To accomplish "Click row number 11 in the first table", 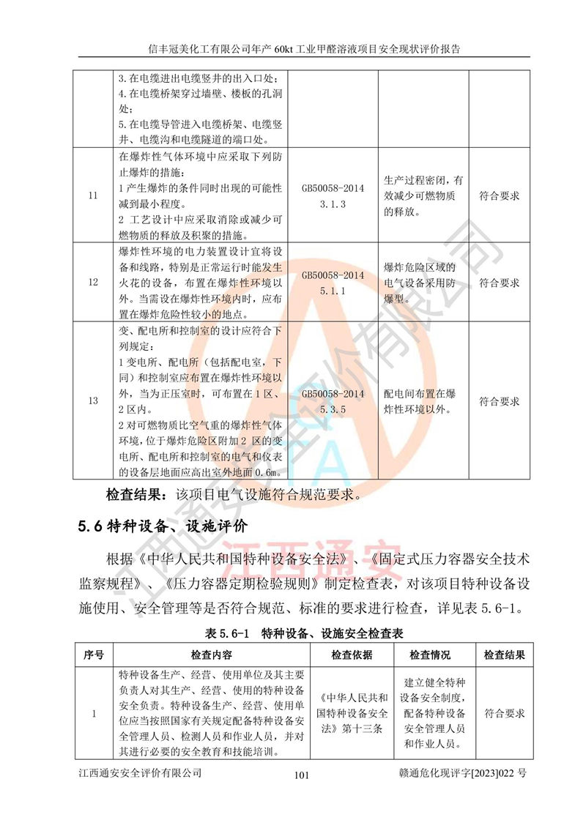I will tap(92, 196).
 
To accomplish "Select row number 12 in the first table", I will tap(92, 282).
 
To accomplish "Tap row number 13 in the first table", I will tap(92, 400).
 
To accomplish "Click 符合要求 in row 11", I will tap(500, 196).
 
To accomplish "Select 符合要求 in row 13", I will tap(500, 400).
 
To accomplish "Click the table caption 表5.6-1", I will tap(301, 632).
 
